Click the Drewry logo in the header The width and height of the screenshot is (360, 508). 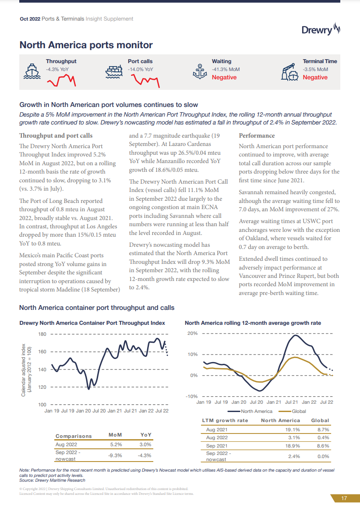point(321,30)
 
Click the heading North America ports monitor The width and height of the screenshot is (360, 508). point(86,45)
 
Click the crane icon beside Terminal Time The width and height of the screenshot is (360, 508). point(289,71)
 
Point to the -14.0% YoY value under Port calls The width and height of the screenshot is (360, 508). point(141,69)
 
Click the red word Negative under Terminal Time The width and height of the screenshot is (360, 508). point(315,78)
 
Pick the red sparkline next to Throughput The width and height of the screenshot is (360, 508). point(61,80)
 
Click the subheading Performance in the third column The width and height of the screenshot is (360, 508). point(257,135)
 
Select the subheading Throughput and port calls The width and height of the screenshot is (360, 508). point(56,135)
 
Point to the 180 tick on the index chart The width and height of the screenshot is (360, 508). point(42,334)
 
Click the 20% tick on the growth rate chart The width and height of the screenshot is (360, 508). point(192,334)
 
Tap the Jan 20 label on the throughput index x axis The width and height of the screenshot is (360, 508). point(83,411)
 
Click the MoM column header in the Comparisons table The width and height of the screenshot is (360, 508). point(115,435)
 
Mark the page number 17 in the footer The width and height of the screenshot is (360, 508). point(344,498)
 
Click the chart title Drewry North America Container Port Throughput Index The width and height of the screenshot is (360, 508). point(92,323)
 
